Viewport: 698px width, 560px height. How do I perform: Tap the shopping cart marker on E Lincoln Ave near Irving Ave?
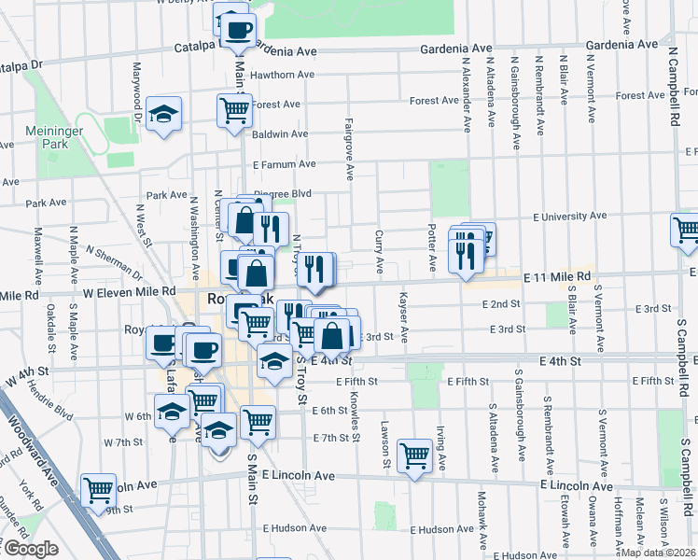(x=415, y=456)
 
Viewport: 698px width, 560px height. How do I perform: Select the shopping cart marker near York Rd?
(x=98, y=489)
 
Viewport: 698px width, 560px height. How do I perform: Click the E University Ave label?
(x=570, y=217)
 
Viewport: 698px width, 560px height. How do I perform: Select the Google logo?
(x=30, y=549)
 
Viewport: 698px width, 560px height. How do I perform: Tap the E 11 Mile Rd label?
(x=556, y=277)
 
